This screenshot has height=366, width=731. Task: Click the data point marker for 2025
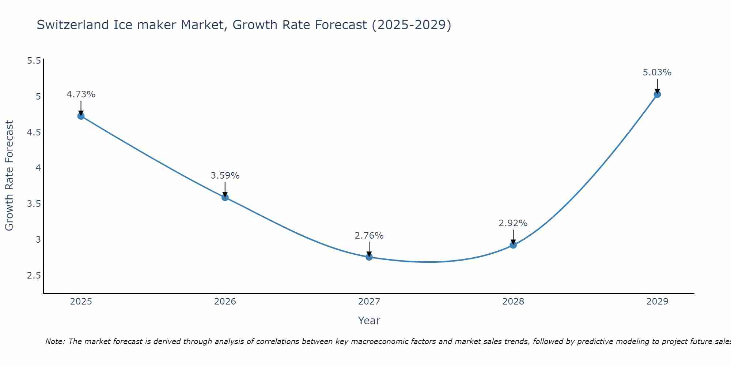tap(81, 116)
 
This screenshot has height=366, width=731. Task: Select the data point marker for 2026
tap(225, 197)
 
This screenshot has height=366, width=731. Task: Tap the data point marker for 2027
tap(369, 257)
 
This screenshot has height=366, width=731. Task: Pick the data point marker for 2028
tap(513, 245)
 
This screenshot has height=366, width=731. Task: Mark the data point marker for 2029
tap(657, 94)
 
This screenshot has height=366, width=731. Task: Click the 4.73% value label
tap(81, 94)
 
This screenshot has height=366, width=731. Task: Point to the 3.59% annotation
tap(225, 176)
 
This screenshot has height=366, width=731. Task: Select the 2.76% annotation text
tap(369, 236)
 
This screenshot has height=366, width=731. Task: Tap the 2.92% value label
tap(513, 223)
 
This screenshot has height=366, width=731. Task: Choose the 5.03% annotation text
tap(657, 72)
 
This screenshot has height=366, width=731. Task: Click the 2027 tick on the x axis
tap(369, 302)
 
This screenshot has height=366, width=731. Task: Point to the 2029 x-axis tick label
tap(657, 302)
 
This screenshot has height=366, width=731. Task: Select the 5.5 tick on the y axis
tap(34, 61)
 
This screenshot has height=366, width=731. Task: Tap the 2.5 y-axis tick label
tap(34, 276)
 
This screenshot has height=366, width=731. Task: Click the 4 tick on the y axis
tap(38, 168)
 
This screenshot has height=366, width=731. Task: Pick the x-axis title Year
tap(369, 321)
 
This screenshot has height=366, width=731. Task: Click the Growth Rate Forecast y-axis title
tap(9, 176)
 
